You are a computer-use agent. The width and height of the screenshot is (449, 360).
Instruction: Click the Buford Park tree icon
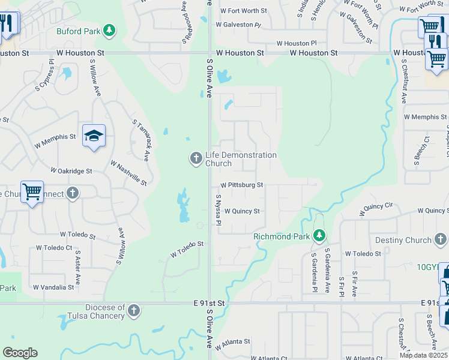point(109,29)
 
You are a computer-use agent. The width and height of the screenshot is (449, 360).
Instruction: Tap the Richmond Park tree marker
point(321,235)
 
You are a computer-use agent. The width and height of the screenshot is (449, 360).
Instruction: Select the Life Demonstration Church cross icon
point(196,158)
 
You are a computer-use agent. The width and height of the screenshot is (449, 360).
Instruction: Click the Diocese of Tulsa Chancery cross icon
point(134,310)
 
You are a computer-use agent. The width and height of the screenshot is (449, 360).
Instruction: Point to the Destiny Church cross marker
point(441,240)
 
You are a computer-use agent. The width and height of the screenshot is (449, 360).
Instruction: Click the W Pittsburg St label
point(241,185)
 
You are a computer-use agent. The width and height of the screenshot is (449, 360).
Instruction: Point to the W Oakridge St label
point(71,171)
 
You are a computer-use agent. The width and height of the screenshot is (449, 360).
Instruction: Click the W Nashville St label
point(128,172)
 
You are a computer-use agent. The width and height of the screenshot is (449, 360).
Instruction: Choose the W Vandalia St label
point(53,287)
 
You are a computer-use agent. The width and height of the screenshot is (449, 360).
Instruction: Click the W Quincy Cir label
point(376,209)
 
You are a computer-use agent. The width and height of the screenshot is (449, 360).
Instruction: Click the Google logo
point(20,353)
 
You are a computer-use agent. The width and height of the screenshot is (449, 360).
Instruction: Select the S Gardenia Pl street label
point(314,272)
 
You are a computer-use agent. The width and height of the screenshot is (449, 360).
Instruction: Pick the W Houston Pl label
point(297,43)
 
